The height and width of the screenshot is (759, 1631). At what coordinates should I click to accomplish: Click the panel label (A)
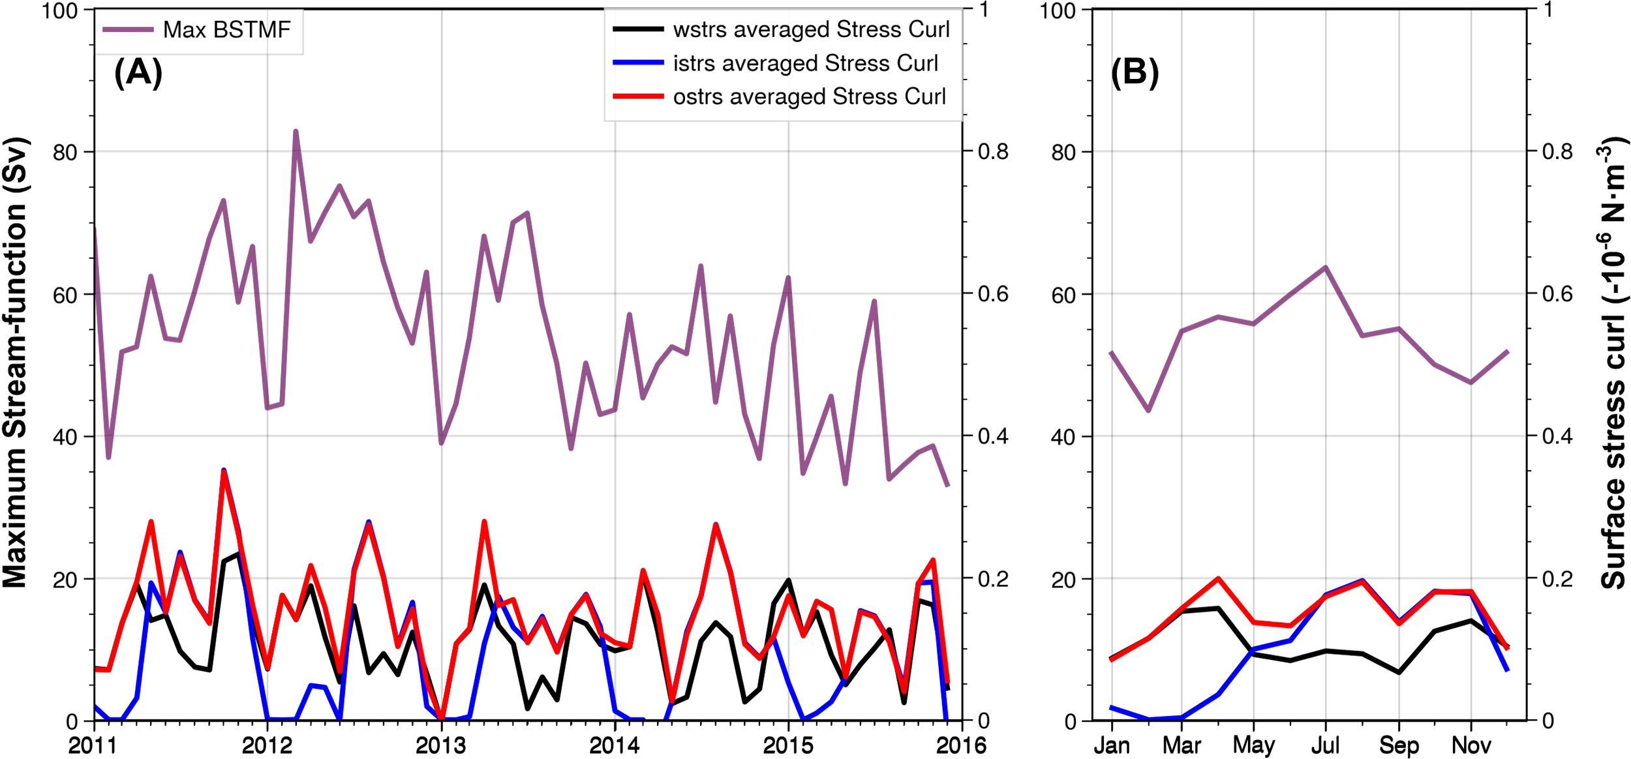click(x=138, y=72)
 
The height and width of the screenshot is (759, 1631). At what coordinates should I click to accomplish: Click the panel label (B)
click(x=1135, y=72)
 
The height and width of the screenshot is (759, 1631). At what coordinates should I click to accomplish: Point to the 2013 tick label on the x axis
click(x=441, y=745)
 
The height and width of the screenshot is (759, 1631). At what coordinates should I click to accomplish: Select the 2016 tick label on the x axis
click(x=961, y=745)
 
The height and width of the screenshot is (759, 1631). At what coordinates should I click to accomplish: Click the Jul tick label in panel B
click(x=1325, y=745)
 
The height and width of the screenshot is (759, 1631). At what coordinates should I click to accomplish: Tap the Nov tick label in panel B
click(x=1471, y=745)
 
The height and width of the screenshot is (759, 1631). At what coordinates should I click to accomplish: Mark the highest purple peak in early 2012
click(x=296, y=131)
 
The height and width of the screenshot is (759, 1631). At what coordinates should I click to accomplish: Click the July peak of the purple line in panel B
click(x=1325, y=267)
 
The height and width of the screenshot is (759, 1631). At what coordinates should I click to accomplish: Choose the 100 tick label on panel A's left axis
click(x=60, y=10)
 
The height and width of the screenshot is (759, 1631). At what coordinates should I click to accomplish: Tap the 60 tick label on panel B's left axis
click(x=1063, y=295)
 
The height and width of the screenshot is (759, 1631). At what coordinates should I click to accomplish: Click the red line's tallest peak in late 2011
click(x=224, y=471)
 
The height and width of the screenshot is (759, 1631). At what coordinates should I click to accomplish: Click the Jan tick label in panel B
click(x=1112, y=745)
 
